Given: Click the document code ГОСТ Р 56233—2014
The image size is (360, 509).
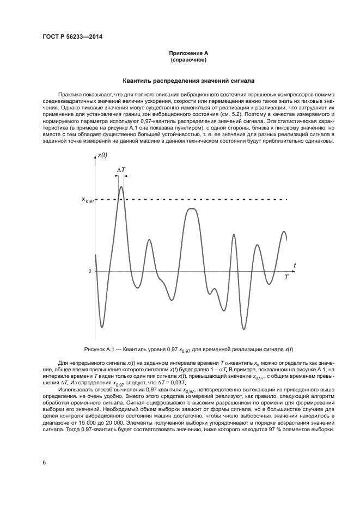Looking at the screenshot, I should (x=72, y=37).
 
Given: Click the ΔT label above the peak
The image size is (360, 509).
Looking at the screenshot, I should (x=121, y=170).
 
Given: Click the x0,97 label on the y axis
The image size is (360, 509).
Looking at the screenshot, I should (x=88, y=200).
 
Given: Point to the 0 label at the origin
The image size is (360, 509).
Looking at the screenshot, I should (x=90, y=271).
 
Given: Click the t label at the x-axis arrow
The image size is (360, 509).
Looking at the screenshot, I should (x=295, y=265).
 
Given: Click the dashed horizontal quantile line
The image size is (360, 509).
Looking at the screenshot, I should (x=218, y=200).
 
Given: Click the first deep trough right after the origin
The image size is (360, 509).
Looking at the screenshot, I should (x=101, y=327).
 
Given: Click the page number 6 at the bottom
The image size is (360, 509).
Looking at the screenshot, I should (x=44, y=463).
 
